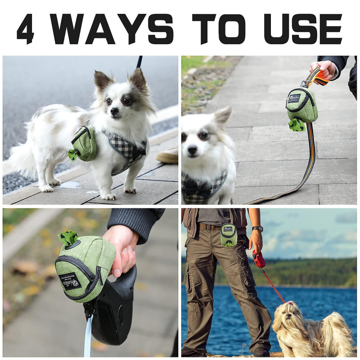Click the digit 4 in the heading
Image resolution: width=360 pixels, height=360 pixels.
click(x=25, y=29)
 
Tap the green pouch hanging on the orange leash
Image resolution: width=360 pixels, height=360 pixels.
click(x=301, y=105)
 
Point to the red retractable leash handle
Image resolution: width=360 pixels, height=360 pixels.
click(x=258, y=259)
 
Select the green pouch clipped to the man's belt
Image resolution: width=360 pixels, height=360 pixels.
click(x=229, y=234)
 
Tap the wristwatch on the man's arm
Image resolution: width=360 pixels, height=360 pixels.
click(x=257, y=229)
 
